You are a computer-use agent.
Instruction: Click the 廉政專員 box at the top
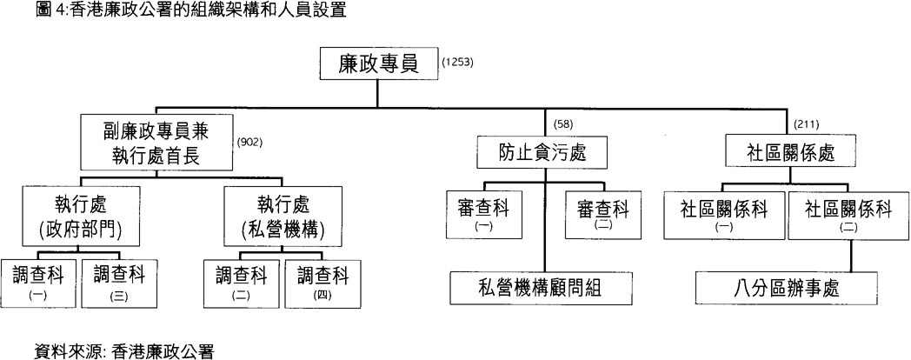(x=376, y=63)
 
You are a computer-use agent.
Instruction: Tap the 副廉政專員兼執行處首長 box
(x=157, y=143)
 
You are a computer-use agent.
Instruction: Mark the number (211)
(x=808, y=123)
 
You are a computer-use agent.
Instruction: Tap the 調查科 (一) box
(x=38, y=282)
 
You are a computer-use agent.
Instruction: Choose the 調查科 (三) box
(x=118, y=282)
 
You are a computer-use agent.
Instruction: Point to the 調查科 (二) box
(x=241, y=282)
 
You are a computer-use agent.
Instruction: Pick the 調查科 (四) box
(x=323, y=282)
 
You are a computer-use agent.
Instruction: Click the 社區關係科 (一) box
(x=724, y=215)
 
